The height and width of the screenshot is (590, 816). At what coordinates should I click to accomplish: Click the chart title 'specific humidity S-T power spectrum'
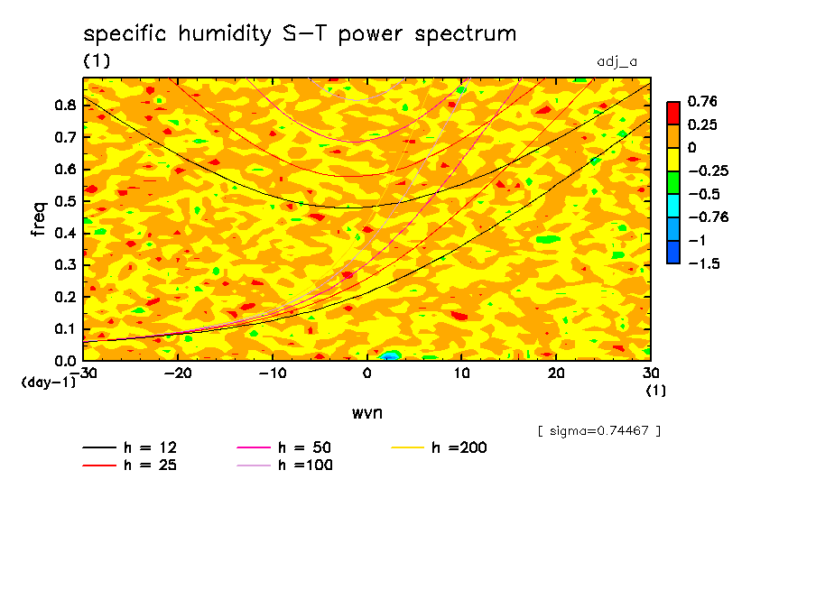(x=300, y=35)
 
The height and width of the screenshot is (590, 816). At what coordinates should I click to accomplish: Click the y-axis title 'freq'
(x=39, y=218)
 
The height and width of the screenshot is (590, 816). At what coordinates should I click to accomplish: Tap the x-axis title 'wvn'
(x=366, y=412)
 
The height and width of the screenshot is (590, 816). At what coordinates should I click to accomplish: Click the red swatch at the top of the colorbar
(x=672, y=113)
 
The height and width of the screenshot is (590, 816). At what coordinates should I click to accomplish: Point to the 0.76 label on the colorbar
(x=702, y=101)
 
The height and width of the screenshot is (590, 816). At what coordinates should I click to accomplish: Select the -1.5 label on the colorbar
(x=702, y=263)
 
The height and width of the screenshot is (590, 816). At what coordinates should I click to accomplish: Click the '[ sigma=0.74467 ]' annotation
(x=598, y=431)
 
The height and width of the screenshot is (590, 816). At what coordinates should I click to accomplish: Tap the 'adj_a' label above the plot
(x=617, y=62)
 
